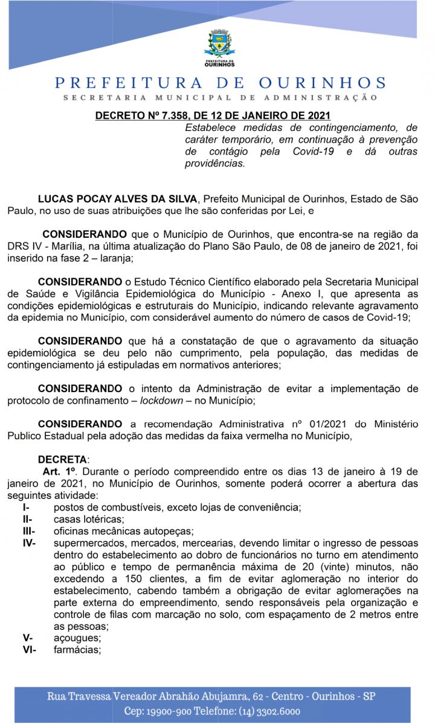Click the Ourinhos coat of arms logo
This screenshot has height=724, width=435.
point(219,47)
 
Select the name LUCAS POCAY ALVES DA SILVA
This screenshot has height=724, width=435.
point(117,198)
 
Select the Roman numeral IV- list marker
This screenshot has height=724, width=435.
point(29,544)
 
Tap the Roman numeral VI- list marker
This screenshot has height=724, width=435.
point(29,650)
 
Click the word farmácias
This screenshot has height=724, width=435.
point(77,650)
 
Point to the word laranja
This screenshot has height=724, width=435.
point(115,258)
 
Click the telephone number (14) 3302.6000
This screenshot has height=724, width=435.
point(263,711)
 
